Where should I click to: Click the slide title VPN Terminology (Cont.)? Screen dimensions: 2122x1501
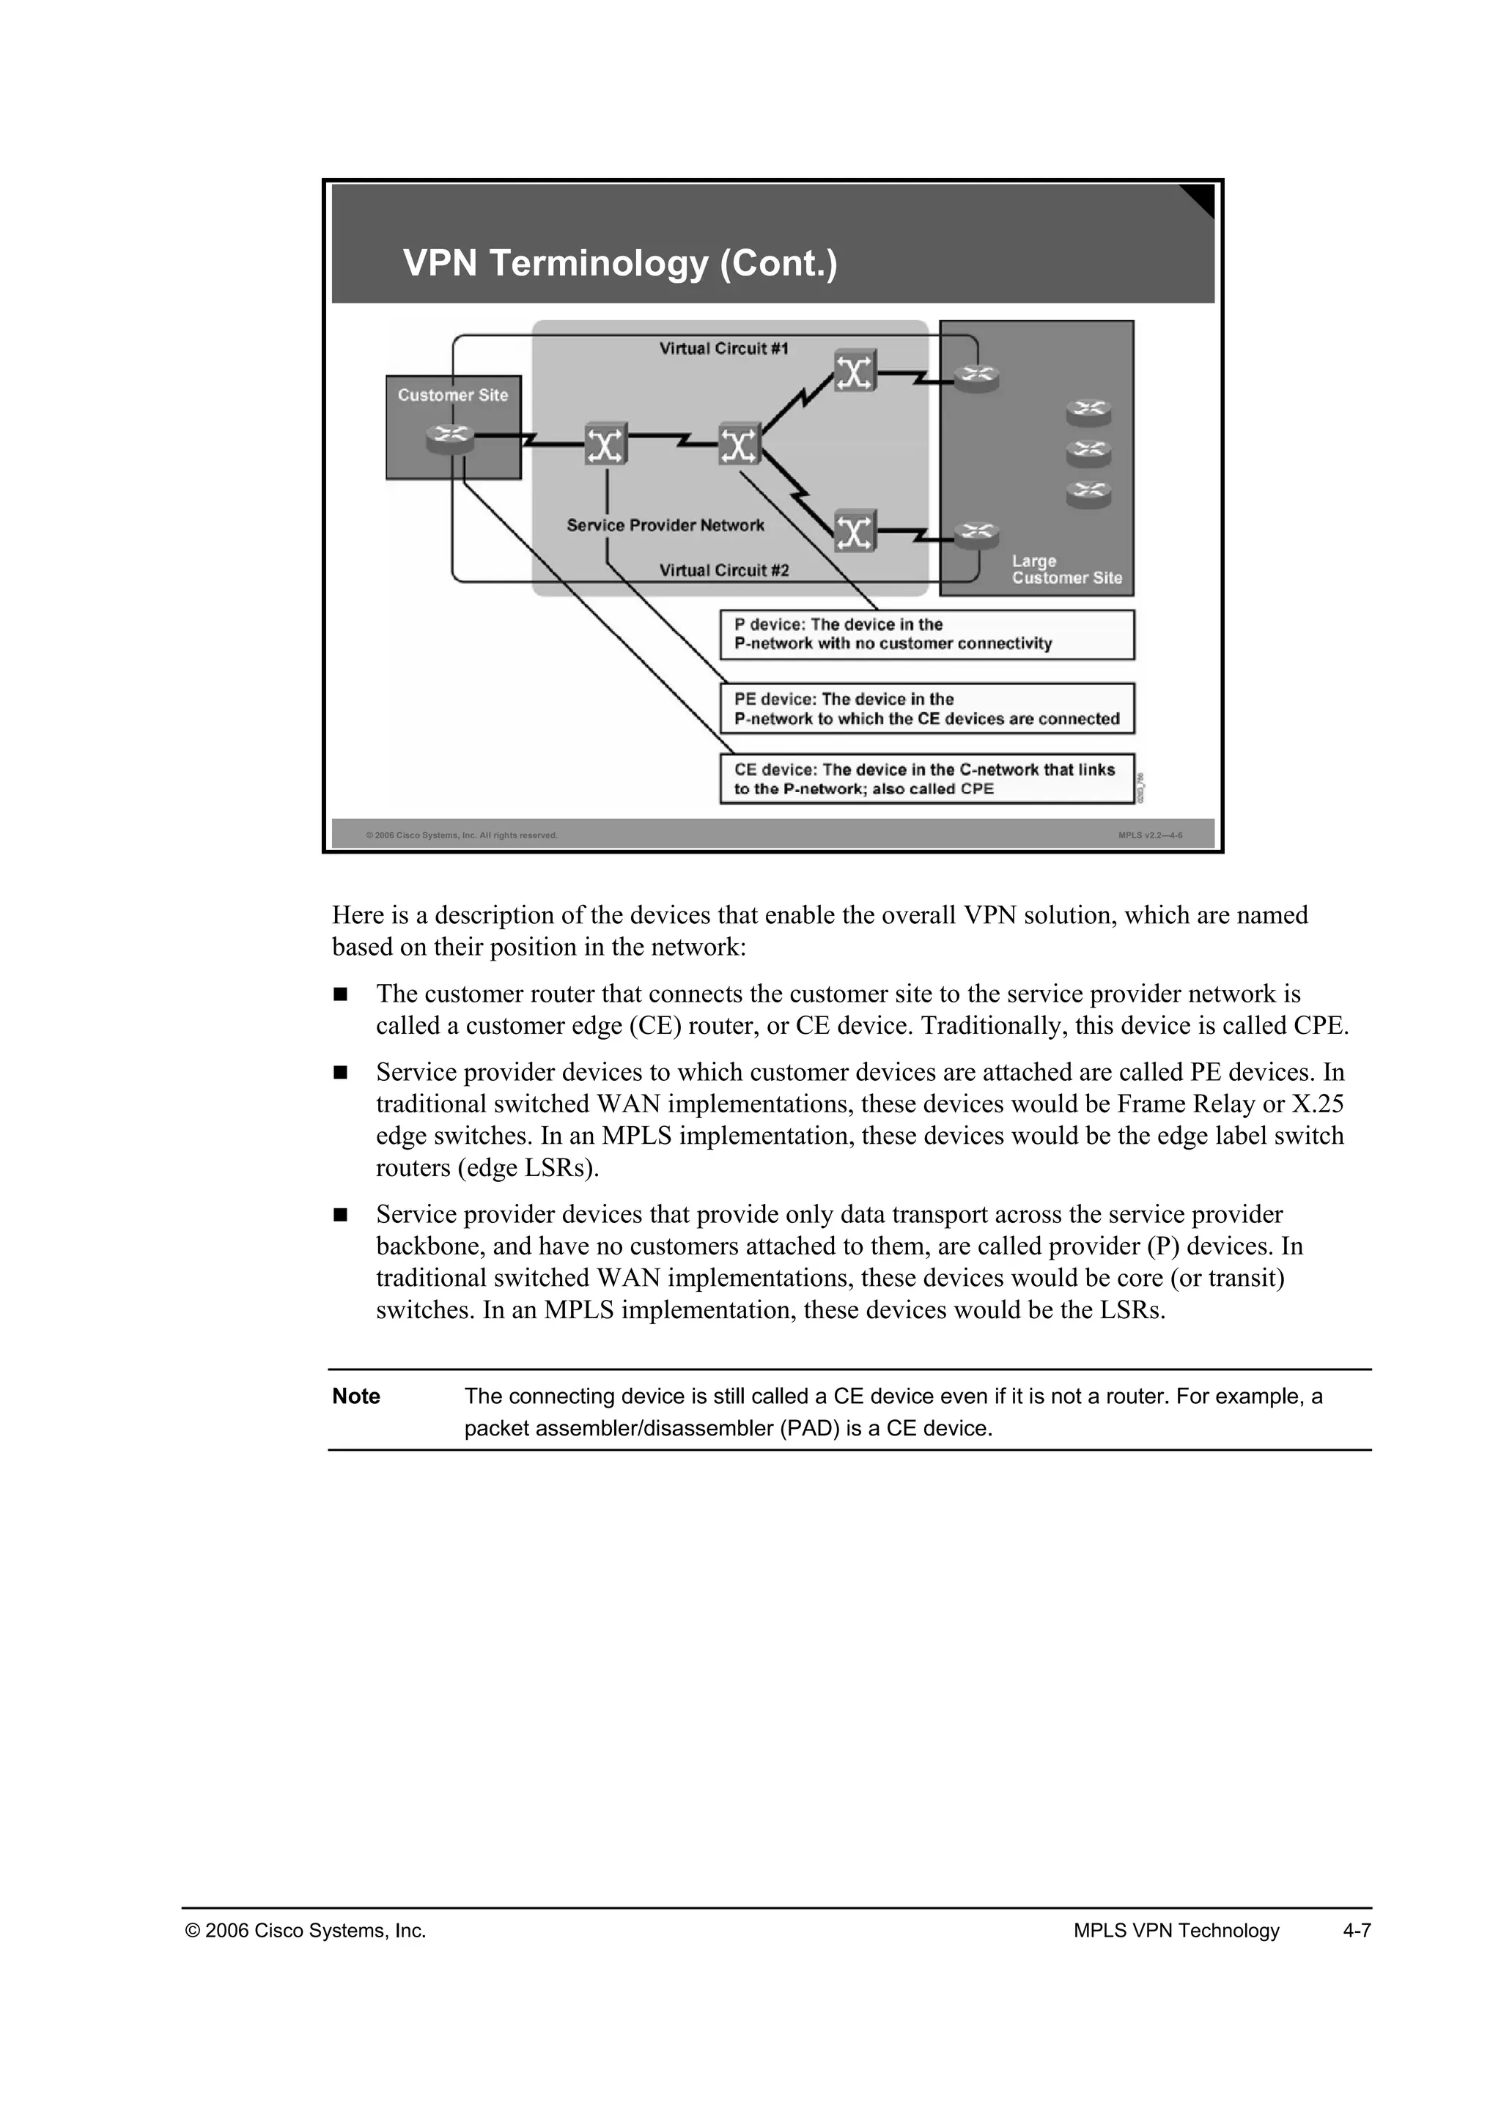[619, 263]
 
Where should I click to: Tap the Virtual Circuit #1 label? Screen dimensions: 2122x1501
[723, 349]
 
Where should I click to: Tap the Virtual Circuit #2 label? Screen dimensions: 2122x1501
[723, 570]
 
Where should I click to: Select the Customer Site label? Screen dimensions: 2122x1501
[453, 395]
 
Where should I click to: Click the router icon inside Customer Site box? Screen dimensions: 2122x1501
[450, 438]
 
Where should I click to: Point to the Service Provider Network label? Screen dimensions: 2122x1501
[665, 525]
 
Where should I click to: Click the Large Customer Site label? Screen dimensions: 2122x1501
[1066, 569]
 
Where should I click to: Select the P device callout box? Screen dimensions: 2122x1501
[926, 634]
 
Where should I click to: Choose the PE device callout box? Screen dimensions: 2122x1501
[926, 709]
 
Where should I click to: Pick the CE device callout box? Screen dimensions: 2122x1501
[926, 779]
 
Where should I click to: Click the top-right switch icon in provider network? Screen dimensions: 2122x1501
[855, 371]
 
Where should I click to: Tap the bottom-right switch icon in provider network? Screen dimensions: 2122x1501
[855, 531]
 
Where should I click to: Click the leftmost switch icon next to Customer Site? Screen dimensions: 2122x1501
[605, 446]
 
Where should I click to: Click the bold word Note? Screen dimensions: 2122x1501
[356, 1397]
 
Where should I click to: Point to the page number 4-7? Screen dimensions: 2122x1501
[1357, 1931]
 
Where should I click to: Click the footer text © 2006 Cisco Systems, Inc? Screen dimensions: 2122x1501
[306, 1931]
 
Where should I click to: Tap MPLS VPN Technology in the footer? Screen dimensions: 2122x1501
[1176, 1931]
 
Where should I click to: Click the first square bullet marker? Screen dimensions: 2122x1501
[340, 994]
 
